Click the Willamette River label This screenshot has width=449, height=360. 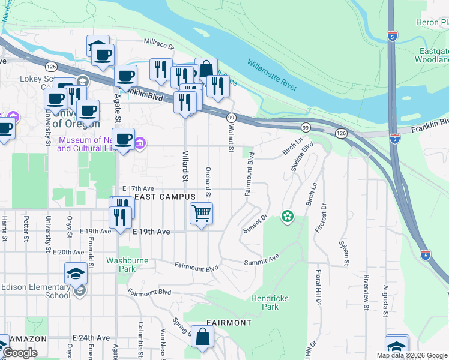pyautogui.click(x=272, y=76)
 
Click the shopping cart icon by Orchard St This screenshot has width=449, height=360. pyautogui.click(x=201, y=214)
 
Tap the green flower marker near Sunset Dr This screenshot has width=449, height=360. pyautogui.click(x=288, y=216)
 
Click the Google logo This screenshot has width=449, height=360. pyautogui.click(x=19, y=353)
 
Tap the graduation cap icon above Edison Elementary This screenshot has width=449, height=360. pyautogui.click(x=76, y=275)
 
